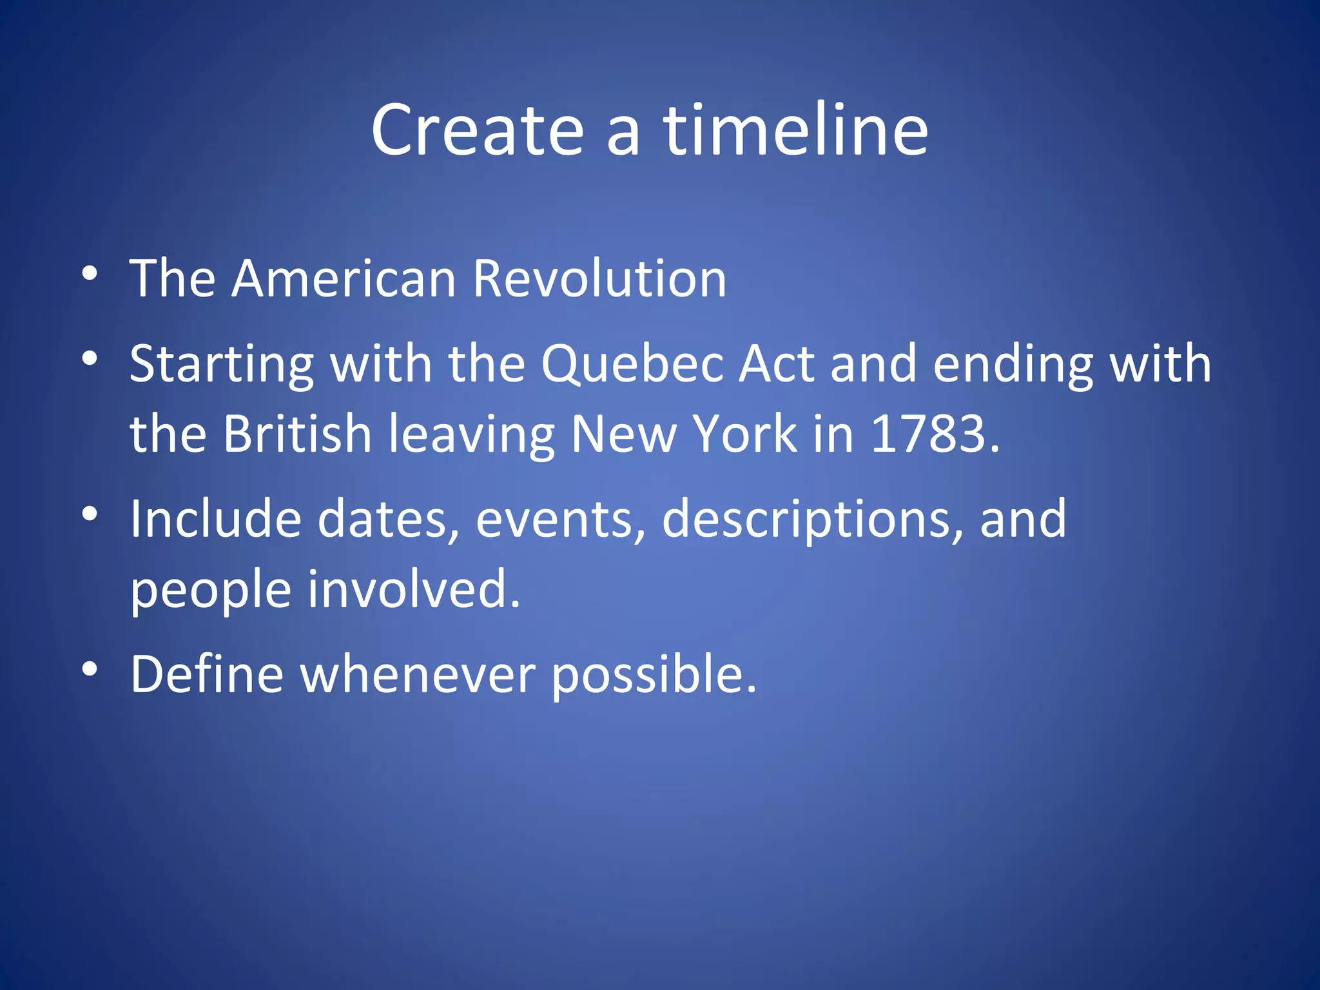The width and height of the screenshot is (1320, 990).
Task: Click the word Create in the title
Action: (x=478, y=131)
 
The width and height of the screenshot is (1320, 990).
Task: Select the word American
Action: (x=344, y=279)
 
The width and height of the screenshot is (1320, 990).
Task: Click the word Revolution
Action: (x=599, y=279)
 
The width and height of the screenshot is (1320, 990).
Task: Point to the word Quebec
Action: (x=632, y=364)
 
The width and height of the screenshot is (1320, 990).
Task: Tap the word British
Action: (x=297, y=434)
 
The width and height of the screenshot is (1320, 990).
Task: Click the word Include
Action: (x=215, y=519)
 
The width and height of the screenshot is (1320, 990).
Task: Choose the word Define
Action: (x=207, y=674)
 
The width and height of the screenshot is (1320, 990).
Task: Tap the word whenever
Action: (x=418, y=674)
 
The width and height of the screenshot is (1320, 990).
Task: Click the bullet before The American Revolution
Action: (x=90, y=273)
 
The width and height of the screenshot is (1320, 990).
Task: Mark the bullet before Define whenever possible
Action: (x=90, y=669)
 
